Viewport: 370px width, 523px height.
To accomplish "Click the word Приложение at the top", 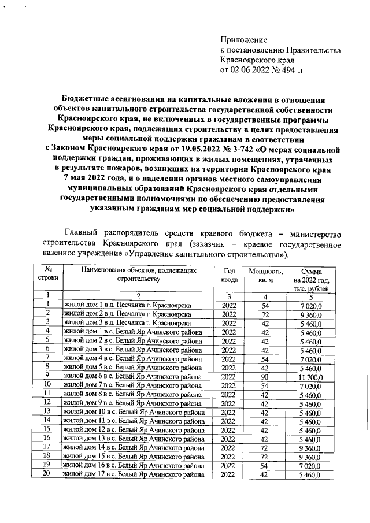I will pos(244,40).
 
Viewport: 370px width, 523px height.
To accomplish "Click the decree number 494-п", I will pos(288,71).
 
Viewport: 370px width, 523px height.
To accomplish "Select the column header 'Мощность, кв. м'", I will pos(266,275).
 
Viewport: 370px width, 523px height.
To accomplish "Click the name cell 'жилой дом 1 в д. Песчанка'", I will pos(128,305).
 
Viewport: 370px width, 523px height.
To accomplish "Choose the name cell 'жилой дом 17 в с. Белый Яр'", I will pos(134,474).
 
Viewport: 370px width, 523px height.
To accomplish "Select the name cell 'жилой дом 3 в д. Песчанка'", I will pos(128,322).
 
